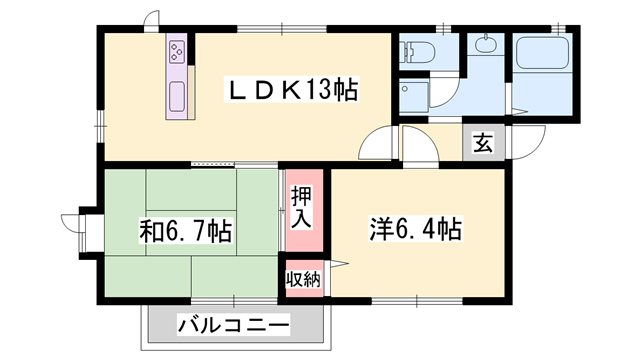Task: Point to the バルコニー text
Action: (x=234, y=326)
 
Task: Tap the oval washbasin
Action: (x=487, y=46)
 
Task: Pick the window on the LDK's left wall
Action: (x=100, y=125)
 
